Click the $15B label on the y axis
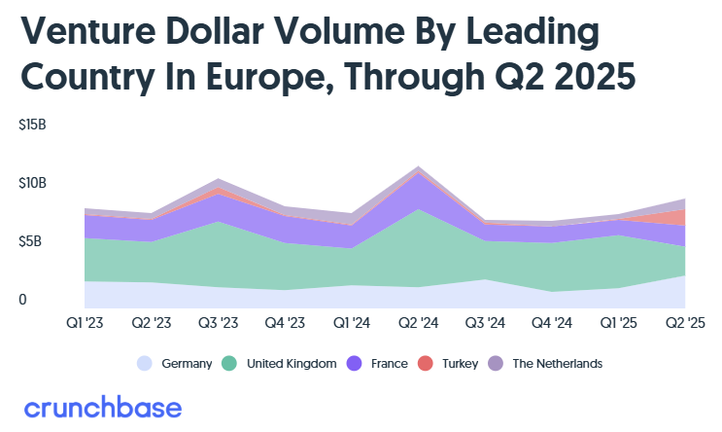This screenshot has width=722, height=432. point(32,126)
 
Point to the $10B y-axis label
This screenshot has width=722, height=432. point(32,183)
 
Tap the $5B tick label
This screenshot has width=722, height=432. point(29,241)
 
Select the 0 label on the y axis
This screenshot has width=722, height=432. point(22,300)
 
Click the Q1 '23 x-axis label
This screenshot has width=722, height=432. point(86,322)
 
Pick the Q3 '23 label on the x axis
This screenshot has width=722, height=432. point(218,322)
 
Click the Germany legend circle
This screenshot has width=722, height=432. point(145,364)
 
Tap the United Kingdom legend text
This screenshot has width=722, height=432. point(292,364)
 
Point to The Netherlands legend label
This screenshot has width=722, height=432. point(557,364)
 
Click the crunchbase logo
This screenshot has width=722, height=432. point(102,408)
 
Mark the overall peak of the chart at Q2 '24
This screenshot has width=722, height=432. point(418,166)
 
